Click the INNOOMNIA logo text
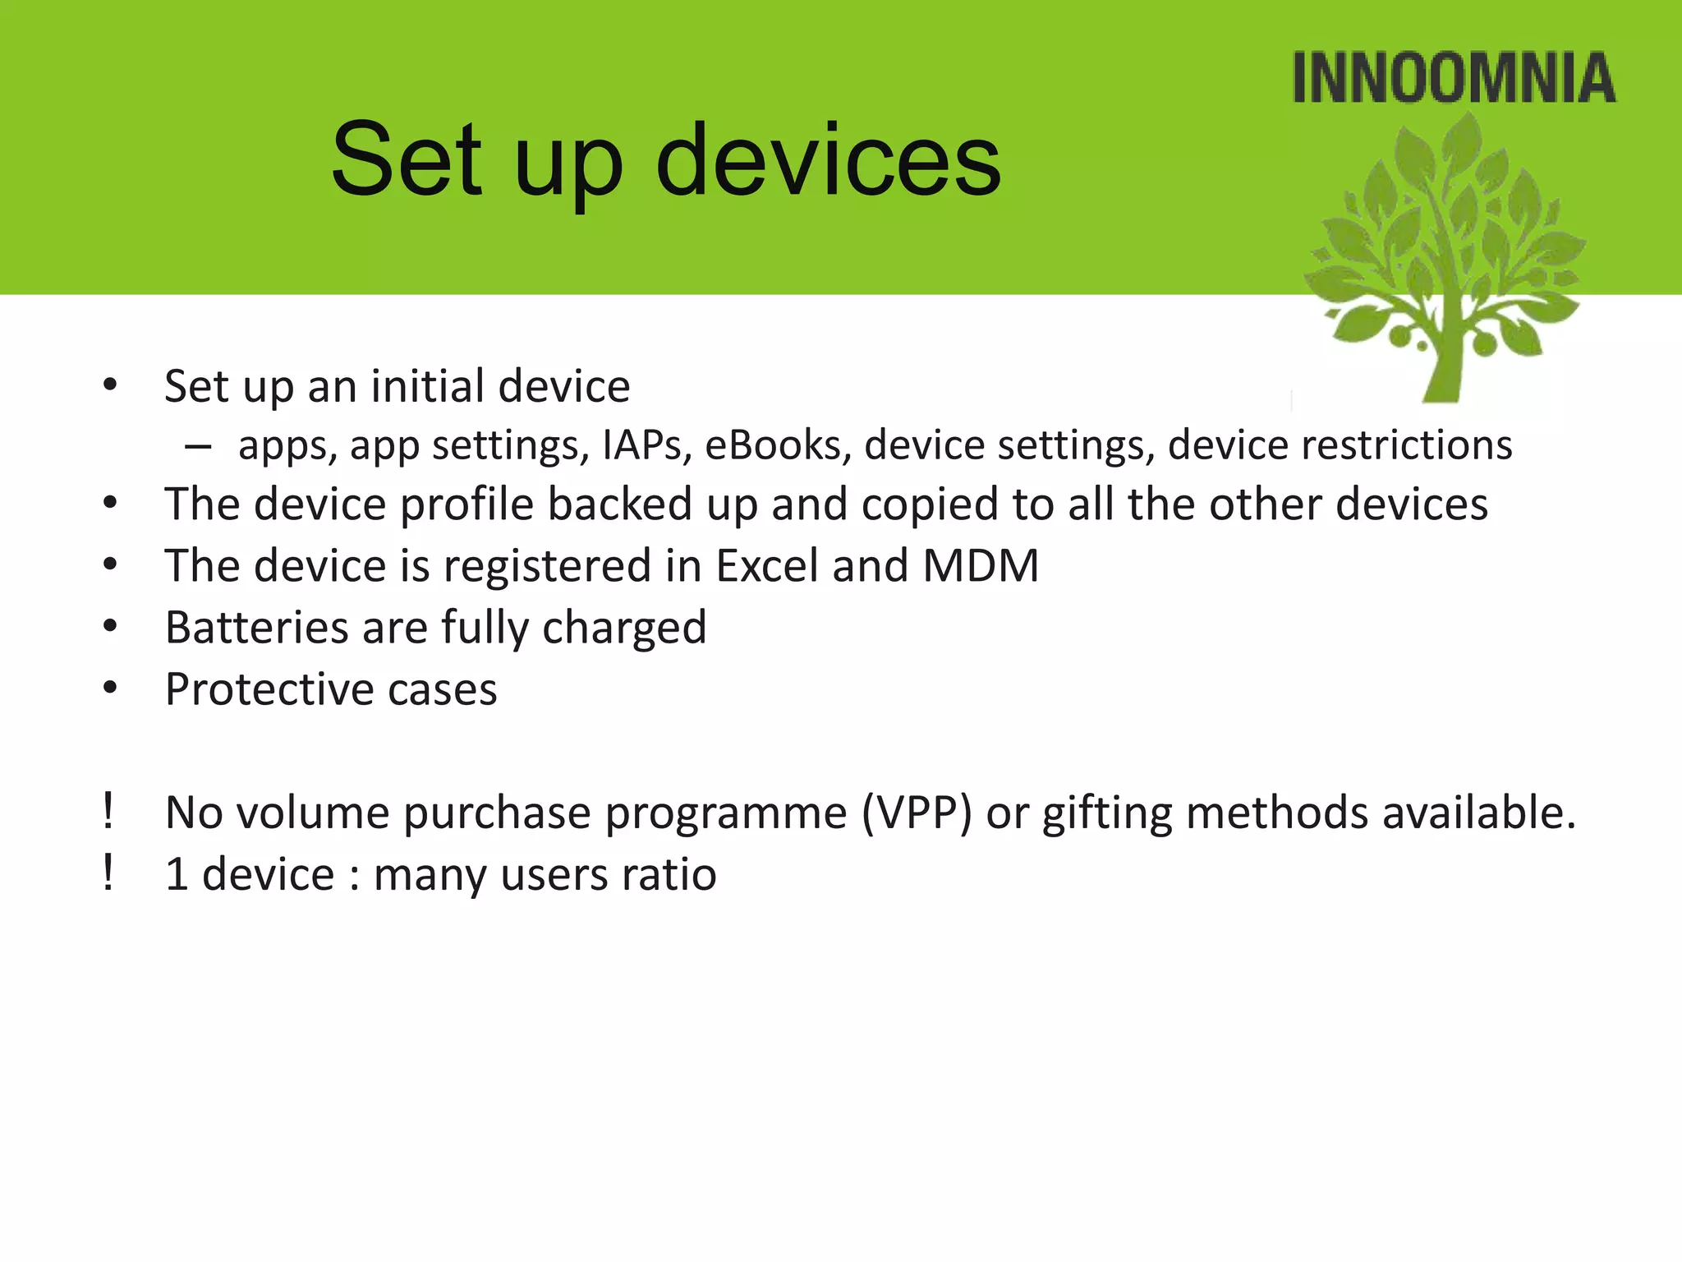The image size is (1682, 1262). coord(1454,78)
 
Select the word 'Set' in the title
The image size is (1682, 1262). coord(407,160)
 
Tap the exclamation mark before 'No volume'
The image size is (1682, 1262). coord(108,812)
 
